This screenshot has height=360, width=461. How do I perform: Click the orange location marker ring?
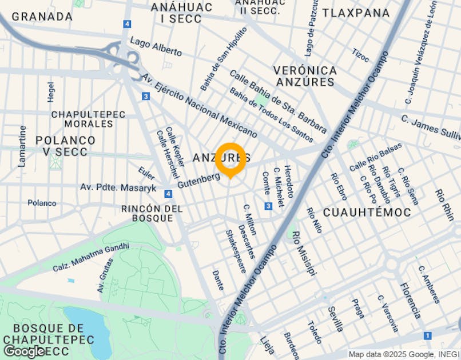pyautogui.click(x=230, y=159)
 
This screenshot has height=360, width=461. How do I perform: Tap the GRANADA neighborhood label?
pyautogui.click(x=42, y=17)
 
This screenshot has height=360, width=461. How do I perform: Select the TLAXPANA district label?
pyautogui.click(x=356, y=13)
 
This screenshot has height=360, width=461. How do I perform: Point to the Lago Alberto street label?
pyautogui.click(x=156, y=47)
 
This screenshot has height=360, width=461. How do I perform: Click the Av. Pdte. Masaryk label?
pyautogui.click(x=118, y=187)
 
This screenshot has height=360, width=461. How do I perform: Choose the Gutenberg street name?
pyautogui.click(x=198, y=181)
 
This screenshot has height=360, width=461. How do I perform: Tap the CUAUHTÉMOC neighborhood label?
pyautogui.click(x=367, y=212)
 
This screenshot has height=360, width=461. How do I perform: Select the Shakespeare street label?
pyautogui.click(x=236, y=251)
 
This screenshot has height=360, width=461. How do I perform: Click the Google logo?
pyautogui.click(x=24, y=351)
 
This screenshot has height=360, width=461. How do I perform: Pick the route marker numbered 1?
pyautogui.click(x=428, y=335)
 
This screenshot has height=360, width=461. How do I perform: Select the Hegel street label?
pyautogui.click(x=51, y=91)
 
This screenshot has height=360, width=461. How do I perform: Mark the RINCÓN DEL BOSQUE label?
pyautogui.click(x=152, y=213)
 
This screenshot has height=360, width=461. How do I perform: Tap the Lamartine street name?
pyautogui.click(x=22, y=146)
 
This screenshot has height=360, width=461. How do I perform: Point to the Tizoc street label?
pyautogui.click(x=361, y=55)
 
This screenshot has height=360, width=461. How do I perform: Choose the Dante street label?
pyautogui.click(x=218, y=280)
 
